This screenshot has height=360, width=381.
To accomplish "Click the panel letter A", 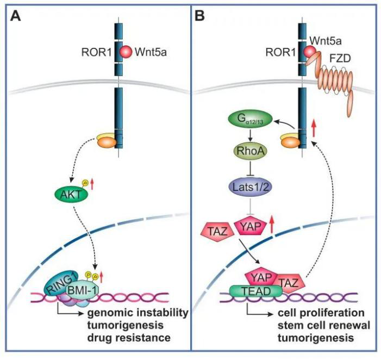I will coord(16,16).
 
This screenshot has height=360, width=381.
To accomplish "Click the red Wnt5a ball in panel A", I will coord(126,52).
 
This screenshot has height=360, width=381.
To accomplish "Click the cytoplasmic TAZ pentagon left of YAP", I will coord(215,230).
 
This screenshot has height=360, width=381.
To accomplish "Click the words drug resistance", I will coord(133,338).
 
